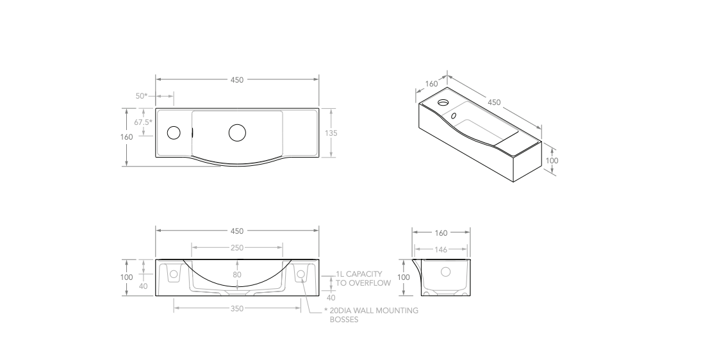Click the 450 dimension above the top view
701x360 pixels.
[x=237, y=79]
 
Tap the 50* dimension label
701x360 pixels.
[x=142, y=95]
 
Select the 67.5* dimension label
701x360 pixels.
[x=144, y=122]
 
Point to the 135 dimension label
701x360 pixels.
[x=331, y=133]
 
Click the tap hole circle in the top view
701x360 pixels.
[x=174, y=133]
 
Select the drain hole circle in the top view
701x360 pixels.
[x=237, y=133]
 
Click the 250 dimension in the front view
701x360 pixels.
[x=237, y=248]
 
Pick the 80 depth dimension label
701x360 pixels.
[x=237, y=275]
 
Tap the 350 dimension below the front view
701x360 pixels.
[x=237, y=308]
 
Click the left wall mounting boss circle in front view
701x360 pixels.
[x=174, y=274]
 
